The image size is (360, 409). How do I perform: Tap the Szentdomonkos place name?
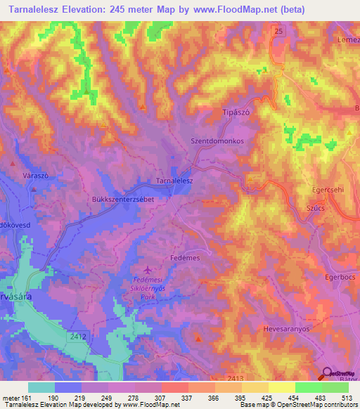coord(217,141)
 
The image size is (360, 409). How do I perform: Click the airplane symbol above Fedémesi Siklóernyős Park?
coord(147,270)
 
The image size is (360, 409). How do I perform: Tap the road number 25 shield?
coord(279,32)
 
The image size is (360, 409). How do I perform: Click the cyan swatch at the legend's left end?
coord(41,387)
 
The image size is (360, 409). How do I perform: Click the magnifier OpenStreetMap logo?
coord(327,375)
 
